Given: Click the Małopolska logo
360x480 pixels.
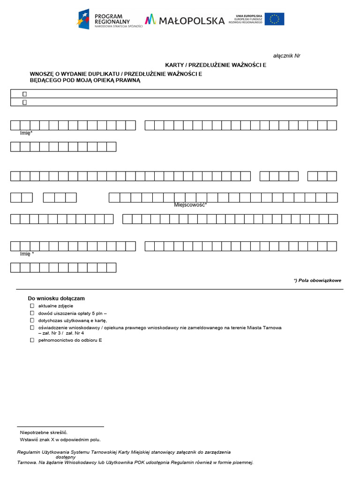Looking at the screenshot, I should [185, 20].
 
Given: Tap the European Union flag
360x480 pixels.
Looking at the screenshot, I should [274, 19].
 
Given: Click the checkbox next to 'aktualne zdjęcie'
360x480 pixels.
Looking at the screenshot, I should [32, 306].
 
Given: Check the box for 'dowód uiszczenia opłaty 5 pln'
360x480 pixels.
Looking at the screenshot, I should [32, 313].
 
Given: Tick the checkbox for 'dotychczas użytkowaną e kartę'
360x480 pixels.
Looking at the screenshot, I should [32, 320].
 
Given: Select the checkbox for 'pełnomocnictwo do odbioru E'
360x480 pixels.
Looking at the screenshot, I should [32, 340].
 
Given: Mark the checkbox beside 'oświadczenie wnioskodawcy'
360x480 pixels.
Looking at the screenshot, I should [32, 327].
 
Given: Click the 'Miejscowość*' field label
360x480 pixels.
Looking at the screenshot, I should [190, 205].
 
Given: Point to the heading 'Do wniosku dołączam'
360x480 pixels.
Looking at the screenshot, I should [56, 298].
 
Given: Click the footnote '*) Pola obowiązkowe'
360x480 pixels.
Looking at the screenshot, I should [317, 280].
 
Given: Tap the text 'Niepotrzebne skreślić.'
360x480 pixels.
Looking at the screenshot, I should [47, 432].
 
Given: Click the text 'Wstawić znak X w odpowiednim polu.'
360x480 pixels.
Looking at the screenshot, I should [60, 440].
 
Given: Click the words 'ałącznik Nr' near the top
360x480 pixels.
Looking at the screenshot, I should [286, 56].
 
